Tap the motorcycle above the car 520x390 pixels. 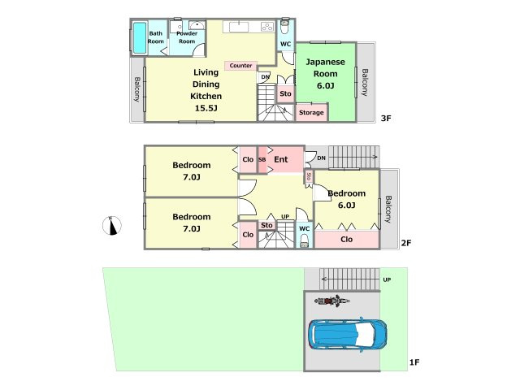(332, 301)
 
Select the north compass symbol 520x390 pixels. (112, 226)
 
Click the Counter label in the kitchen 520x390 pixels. (240, 66)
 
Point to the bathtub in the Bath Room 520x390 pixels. (140, 38)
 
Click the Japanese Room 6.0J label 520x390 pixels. (325, 74)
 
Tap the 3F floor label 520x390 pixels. (386, 118)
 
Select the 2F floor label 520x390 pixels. (406, 243)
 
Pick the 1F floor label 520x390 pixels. (414, 362)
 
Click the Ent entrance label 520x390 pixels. (281, 159)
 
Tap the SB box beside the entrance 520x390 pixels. (262, 160)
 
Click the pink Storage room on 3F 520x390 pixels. (312, 112)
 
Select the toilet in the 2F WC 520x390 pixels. (304, 241)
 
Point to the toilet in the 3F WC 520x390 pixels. (285, 27)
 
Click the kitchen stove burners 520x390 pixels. (267, 27)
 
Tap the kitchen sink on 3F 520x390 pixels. (238, 27)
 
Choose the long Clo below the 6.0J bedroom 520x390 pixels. (347, 240)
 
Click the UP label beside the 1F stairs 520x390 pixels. (387, 279)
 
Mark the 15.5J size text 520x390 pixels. (206, 108)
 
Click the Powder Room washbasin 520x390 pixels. (197, 25)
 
